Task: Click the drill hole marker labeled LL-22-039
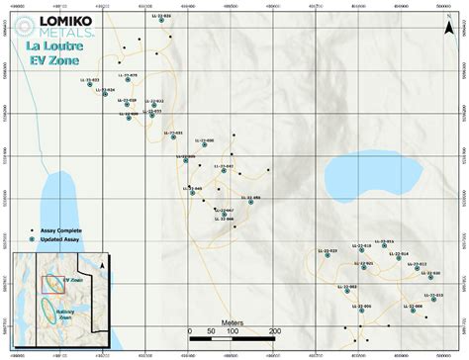(x=161, y=21)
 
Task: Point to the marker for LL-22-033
(x=89, y=85)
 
